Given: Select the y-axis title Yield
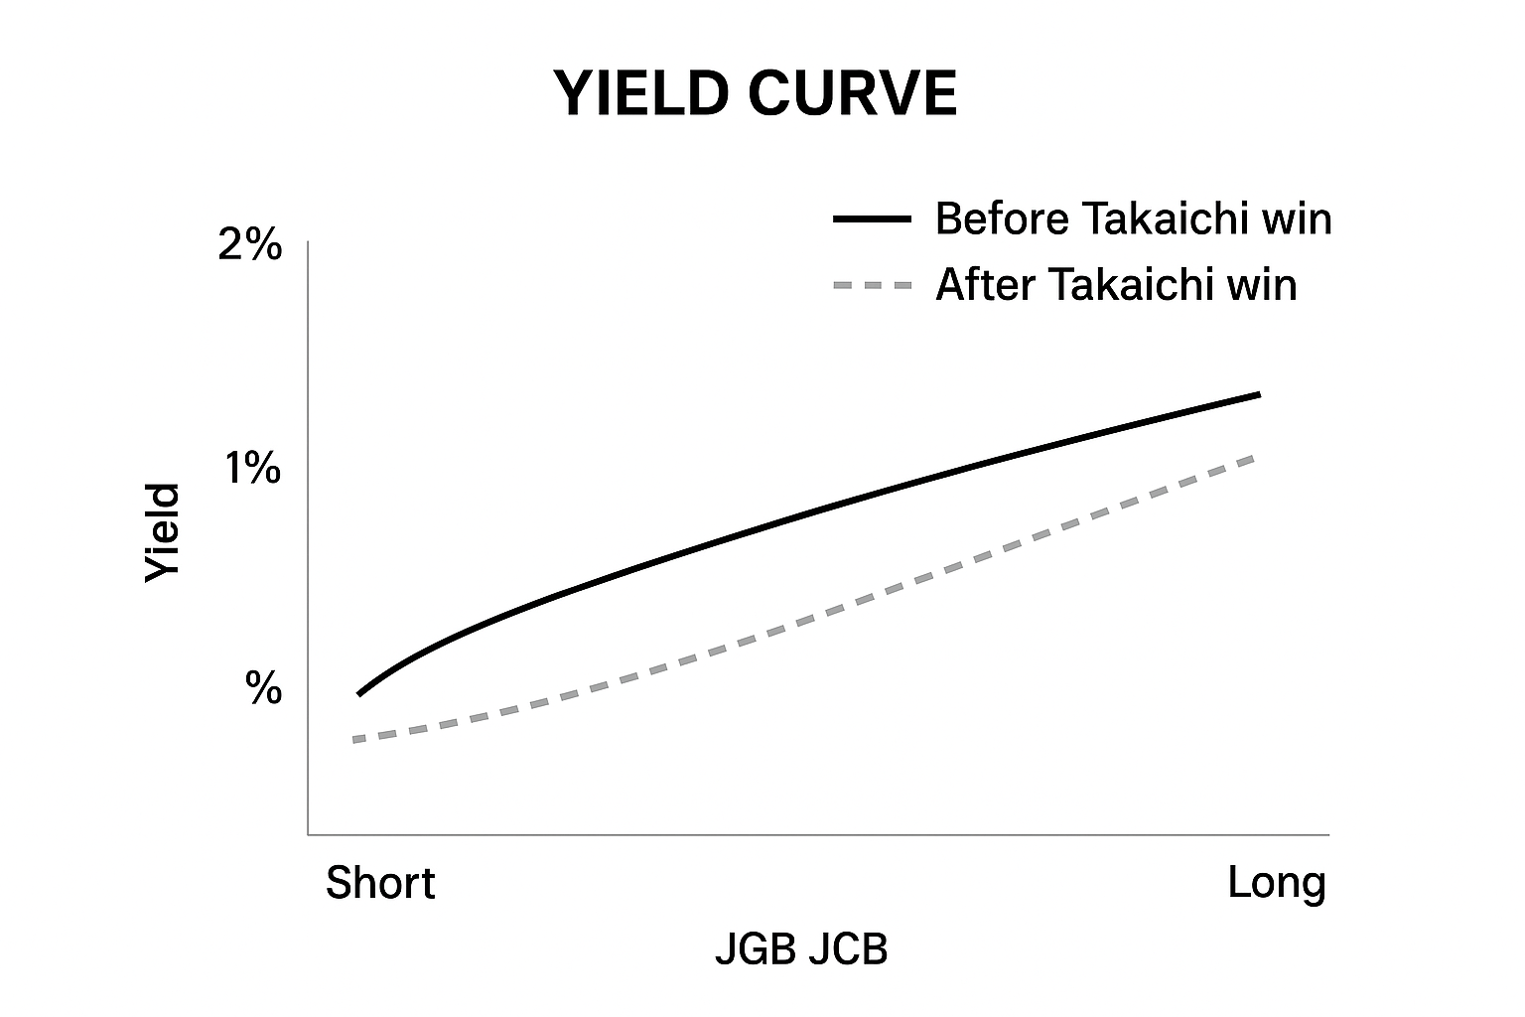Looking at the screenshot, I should click(164, 533).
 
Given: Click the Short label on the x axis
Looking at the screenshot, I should click(380, 883).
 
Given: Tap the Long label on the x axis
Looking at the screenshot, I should click(1276, 882).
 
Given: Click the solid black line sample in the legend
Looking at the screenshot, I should click(872, 219).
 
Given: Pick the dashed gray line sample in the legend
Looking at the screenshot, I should click(872, 286).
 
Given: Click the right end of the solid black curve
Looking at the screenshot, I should click(1258, 395).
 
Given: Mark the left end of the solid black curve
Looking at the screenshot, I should click(358, 693).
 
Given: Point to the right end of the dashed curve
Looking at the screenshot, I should click(1256, 456).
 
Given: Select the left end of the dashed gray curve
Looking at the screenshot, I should click(354, 740).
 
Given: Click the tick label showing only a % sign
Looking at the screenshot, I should click(264, 687).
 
